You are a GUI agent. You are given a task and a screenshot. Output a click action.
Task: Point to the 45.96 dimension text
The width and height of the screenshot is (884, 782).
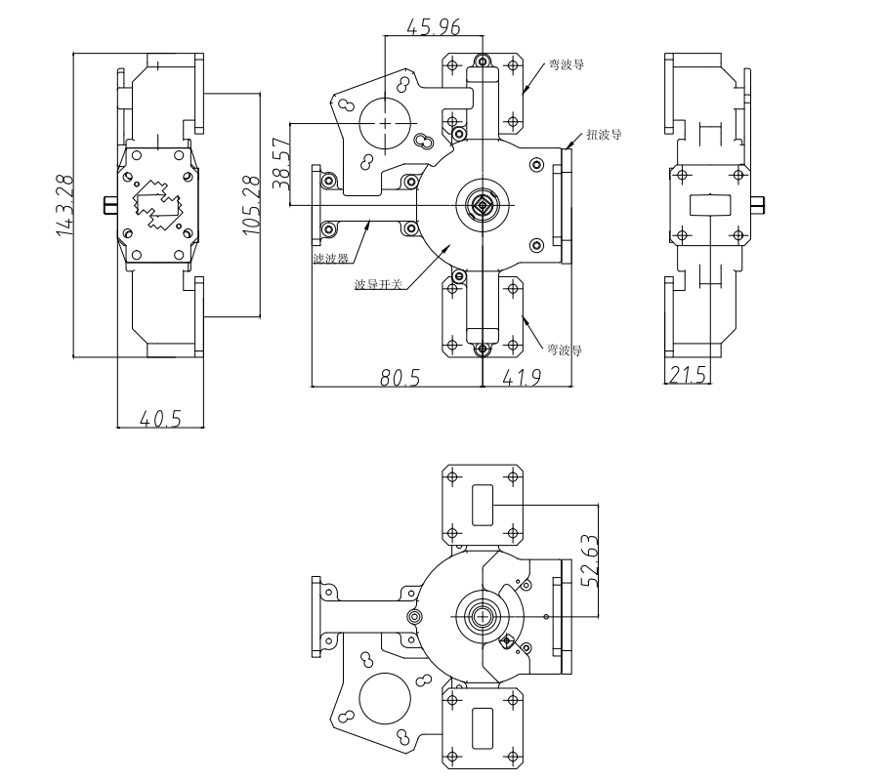pos(434,26)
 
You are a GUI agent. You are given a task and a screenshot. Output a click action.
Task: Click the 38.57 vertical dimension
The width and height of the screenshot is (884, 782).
pos(281,163)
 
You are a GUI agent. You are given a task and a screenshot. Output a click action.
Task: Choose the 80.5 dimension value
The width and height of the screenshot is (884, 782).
pos(400,378)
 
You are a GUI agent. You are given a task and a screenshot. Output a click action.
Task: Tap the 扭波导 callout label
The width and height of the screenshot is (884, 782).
pos(605,135)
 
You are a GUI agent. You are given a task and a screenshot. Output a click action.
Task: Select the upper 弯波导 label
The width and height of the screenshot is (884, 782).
pos(567,65)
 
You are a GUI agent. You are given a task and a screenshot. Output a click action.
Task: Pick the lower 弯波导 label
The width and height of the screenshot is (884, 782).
pos(567,349)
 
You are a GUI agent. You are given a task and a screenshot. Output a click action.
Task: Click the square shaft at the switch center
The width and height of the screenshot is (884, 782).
pos(483,204)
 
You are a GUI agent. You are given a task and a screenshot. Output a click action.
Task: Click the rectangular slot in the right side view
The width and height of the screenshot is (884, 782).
pos(711,205)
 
